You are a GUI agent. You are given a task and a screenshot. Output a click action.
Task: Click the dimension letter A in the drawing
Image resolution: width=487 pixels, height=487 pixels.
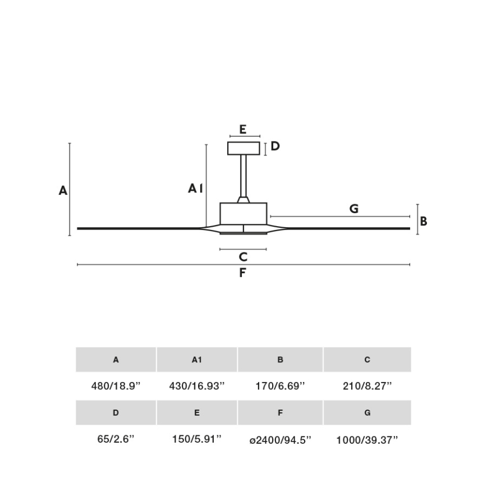pos(63,191)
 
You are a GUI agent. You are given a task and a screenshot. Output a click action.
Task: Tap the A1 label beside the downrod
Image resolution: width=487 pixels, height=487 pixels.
pos(195,189)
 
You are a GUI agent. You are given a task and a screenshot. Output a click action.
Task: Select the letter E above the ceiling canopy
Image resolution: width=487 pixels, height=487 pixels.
pos(242,129)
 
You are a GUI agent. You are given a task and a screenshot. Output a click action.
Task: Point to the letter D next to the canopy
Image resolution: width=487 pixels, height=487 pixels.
pos(275,146)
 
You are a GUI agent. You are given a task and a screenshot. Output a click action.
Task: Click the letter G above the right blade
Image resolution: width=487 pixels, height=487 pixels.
pos(353,209)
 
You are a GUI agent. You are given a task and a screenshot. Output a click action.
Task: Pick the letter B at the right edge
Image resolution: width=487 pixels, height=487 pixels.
pos(424,221)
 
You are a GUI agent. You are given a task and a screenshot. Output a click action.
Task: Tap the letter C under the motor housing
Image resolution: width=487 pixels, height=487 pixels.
pos(243,257)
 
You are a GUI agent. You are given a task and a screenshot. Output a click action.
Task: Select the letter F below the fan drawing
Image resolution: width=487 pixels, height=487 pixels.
pos(242,273)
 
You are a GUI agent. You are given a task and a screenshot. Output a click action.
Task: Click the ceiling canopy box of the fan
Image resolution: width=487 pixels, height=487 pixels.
pos(244,148)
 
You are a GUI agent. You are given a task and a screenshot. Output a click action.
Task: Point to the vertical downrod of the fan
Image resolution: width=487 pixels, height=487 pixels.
pos(244,175)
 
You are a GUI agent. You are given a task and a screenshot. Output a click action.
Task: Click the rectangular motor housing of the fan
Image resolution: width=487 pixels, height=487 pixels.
pos(243,213)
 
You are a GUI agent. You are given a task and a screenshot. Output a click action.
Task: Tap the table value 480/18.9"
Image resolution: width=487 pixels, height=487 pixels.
pos(116,386)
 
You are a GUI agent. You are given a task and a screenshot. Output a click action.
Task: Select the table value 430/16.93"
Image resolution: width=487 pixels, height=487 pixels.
pos(196,386)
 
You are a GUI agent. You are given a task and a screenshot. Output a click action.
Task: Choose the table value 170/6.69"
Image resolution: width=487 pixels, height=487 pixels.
pos(280,386)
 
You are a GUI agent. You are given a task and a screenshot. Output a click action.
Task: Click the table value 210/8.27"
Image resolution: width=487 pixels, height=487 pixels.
pos(367,386)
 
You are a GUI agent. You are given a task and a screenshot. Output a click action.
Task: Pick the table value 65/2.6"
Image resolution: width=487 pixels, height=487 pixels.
pos(116,439)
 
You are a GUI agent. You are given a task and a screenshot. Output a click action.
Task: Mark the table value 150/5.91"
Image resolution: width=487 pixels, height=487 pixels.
pos(196,439)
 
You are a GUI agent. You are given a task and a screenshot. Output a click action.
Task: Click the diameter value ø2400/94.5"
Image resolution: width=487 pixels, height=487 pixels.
pos(280,440)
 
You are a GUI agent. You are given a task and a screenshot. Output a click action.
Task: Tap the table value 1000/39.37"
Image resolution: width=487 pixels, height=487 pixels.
pos(367,440)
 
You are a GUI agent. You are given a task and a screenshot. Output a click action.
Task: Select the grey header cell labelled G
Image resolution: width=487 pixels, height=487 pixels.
pos(367,412)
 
